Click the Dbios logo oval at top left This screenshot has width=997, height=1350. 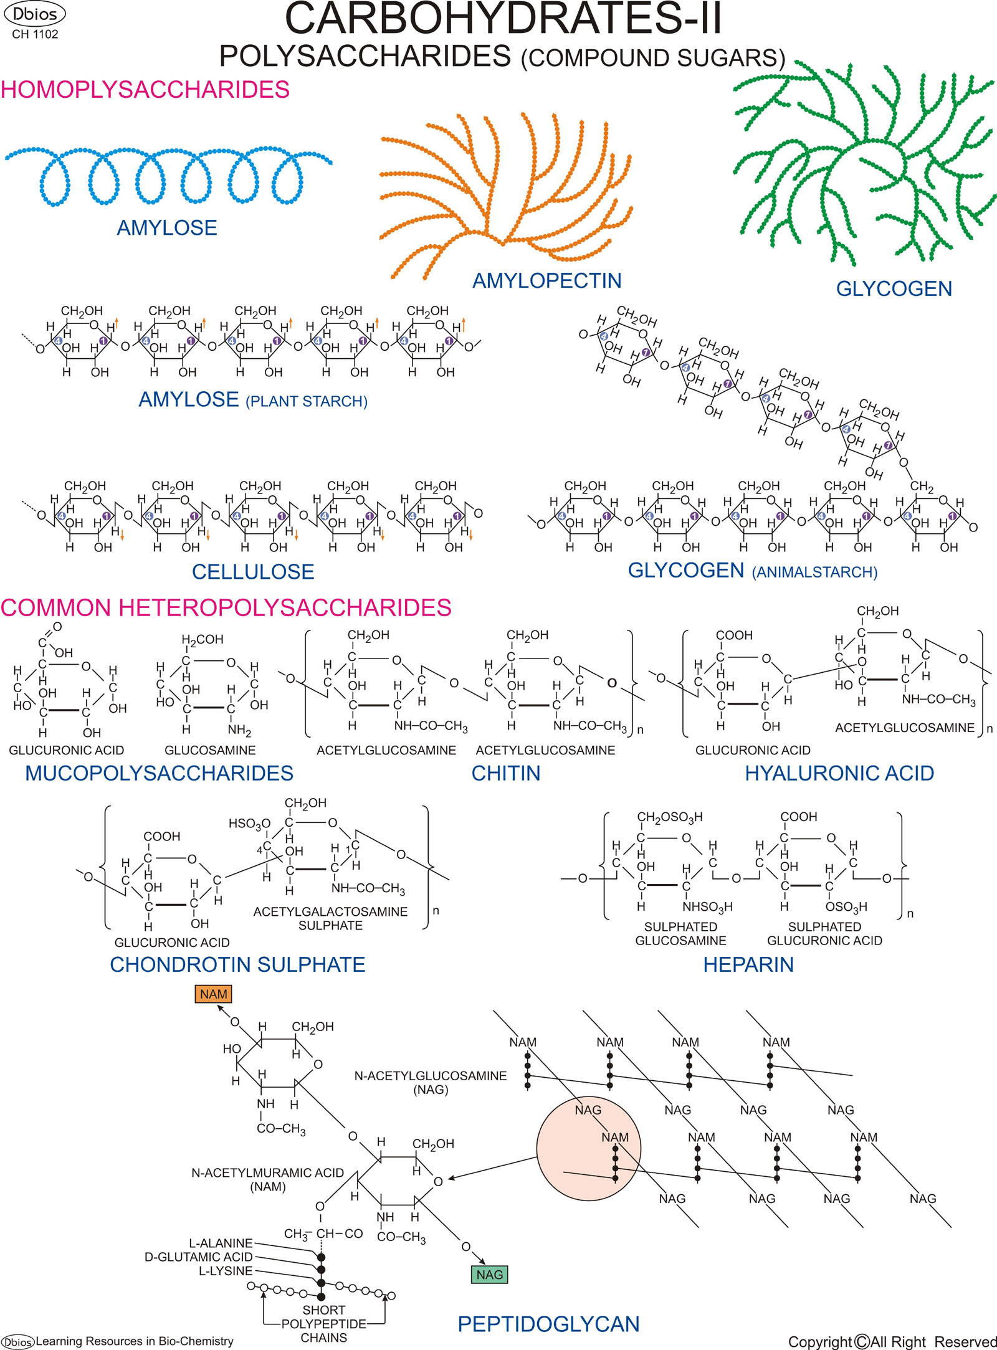click(34, 14)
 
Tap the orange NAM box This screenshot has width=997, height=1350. click(213, 994)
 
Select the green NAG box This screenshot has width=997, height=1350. click(489, 1275)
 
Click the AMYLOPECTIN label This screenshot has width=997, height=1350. click(546, 281)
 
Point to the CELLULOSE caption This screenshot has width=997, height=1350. click(252, 572)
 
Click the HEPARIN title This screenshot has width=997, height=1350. click(748, 965)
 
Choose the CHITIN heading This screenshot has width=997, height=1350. click(505, 773)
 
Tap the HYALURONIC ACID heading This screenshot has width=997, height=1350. click(839, 773)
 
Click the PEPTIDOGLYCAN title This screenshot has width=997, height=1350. click(548, 1324)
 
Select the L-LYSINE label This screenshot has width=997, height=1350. click(226, 1271)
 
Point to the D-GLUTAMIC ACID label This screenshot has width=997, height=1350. click(199, 1257)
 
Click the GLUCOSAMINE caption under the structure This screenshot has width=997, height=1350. click(210, 750)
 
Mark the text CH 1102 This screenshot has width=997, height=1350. click(35, 35)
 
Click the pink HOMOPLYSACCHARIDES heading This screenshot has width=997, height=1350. click(145, 90)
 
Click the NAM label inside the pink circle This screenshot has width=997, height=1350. click(614, 1138)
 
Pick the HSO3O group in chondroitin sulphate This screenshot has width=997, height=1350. click(249, 824)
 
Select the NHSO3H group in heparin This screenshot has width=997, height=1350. click(707, 907)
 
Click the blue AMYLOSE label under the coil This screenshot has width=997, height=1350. click(167, 228)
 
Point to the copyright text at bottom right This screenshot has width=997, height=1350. click(892, 1341)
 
